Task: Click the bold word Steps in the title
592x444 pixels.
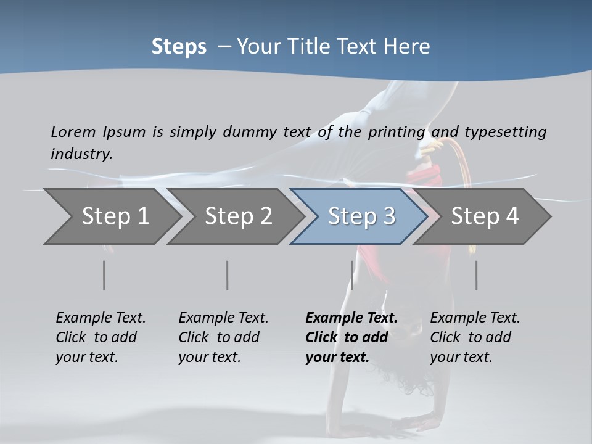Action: click(179, 47)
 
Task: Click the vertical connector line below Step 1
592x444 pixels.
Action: click(104, 275)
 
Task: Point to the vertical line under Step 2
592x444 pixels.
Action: click(228, 275)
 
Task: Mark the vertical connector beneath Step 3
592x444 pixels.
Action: click(351, 275)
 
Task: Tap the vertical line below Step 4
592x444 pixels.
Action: click(476, 275)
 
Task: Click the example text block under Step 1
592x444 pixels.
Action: click(101, 337)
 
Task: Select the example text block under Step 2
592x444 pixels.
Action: click(223, 337)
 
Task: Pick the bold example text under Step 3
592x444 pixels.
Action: click(351, 337)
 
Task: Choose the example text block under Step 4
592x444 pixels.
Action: click(475, 337)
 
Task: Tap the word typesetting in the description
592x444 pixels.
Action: click(505, 132)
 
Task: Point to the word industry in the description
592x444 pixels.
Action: click(81, 154)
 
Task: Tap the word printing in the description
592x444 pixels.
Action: click(397, 132)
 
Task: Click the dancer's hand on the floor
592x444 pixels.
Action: click(420, 424)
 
